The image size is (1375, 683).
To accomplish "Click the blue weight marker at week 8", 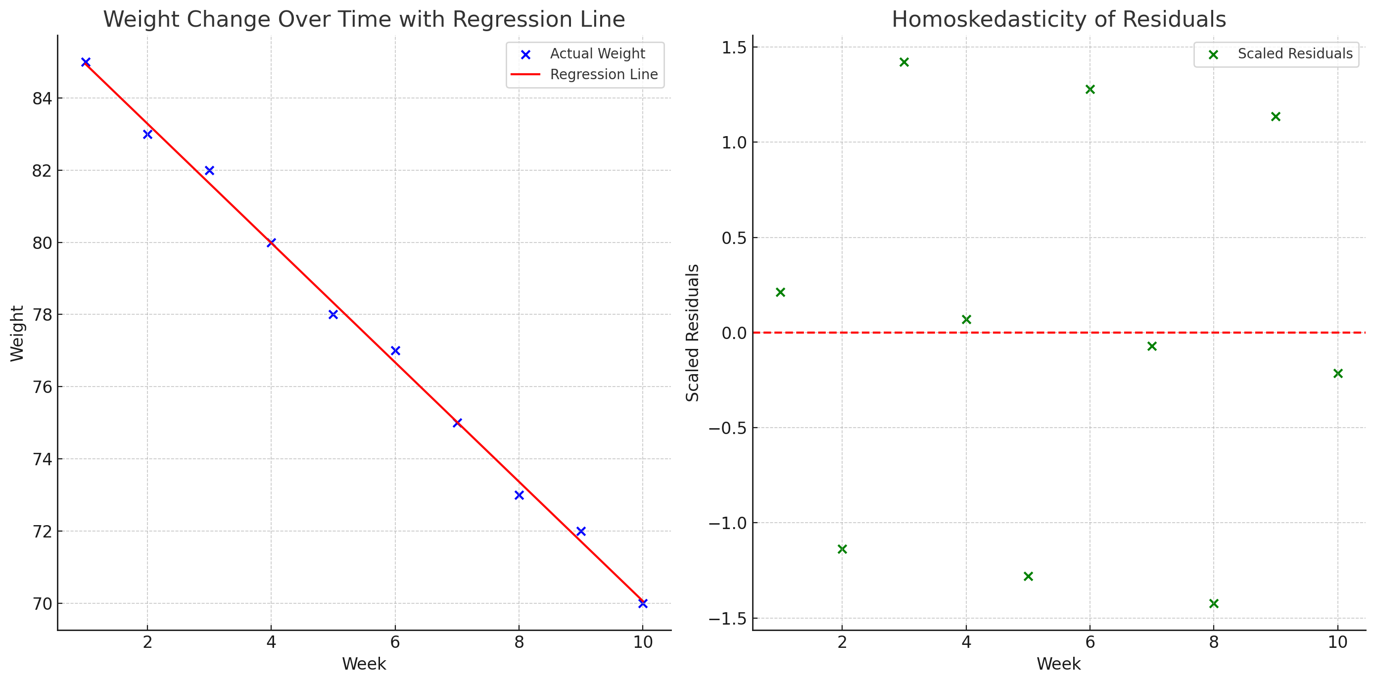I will coord(519,495).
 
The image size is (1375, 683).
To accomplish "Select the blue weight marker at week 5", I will coord(333,315).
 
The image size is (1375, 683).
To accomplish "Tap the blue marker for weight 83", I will coord(148,134).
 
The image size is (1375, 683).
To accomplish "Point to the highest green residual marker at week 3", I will coord(904,62).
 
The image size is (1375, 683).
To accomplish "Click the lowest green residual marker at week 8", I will coord(1214,603).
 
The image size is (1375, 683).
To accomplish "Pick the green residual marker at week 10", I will coord(1337,373).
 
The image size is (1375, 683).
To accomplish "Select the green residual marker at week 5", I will coord(1028,576).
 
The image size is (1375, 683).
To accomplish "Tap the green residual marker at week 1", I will coord(780,292).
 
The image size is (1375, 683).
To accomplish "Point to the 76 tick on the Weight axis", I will coord(43,387).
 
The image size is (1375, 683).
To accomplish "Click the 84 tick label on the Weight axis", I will coord(43,98).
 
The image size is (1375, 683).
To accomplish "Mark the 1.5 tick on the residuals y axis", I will coord(734,48).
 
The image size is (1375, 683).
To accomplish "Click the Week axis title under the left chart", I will coord(364,664).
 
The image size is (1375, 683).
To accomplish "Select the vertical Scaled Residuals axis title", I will coord(692,333).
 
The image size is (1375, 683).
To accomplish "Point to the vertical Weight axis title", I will coord(17,333).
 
